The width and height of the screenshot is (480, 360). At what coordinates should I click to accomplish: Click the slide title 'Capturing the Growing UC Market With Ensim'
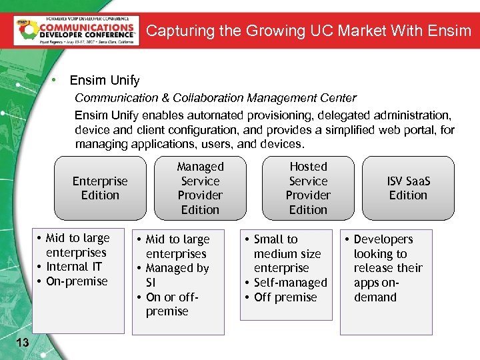(308, 31)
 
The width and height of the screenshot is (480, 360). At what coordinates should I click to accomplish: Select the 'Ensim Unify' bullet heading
(105, 81)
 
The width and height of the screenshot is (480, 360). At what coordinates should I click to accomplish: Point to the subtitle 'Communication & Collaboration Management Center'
(215, 98)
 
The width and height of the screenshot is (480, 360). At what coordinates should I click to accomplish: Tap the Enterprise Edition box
(100, 188)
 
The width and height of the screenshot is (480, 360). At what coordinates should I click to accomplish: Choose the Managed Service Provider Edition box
(200, 188)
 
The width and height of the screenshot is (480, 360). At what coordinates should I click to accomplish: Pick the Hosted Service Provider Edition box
(308, 188)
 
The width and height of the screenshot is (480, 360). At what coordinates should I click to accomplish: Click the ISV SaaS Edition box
(408, 188)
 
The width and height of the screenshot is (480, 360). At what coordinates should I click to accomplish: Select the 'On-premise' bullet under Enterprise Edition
(77, 281)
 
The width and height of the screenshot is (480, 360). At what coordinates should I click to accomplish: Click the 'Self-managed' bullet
(290, 283)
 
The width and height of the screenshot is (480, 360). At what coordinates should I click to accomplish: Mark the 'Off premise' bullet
(285, 297)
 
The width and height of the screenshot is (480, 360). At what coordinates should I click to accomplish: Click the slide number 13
(22, 343)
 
